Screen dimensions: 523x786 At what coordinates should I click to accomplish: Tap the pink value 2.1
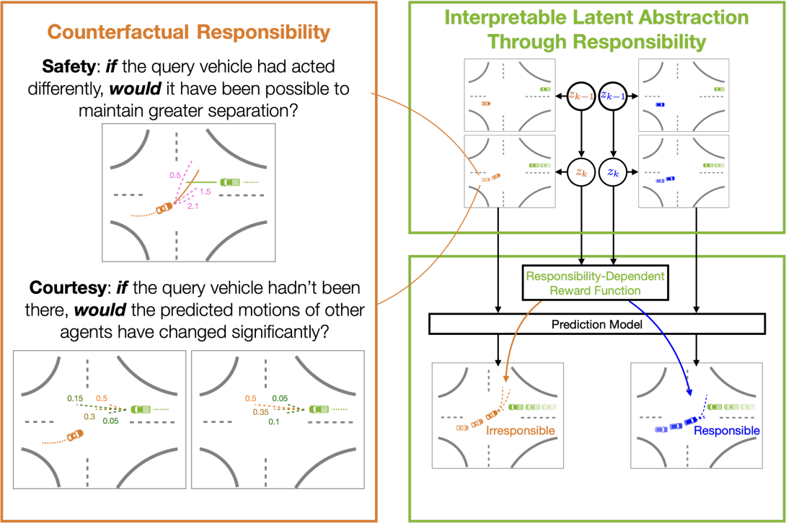[x=193, y=207]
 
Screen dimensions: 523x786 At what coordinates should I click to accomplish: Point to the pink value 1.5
[x=205, y=192]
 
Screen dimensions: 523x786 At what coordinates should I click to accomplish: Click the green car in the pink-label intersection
[x=230, y=182]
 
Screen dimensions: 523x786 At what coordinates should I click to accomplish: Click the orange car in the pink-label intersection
[x=165, y=208]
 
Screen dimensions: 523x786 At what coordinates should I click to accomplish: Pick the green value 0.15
[x=75, y=398]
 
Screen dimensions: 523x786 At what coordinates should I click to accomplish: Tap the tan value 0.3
[x=90, y=416]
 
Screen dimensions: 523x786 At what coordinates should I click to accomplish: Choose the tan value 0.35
[x=260, y=412]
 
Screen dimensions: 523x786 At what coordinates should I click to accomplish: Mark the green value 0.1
[x=274, y=421]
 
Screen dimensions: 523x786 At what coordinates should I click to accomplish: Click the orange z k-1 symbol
[x=580, y=94]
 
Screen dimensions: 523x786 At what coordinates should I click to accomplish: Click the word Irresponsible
[x=521, y=431]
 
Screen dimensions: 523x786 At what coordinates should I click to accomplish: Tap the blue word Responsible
[x=726, y=431]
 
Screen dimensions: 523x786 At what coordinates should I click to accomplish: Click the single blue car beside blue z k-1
[x=660, y=105]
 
